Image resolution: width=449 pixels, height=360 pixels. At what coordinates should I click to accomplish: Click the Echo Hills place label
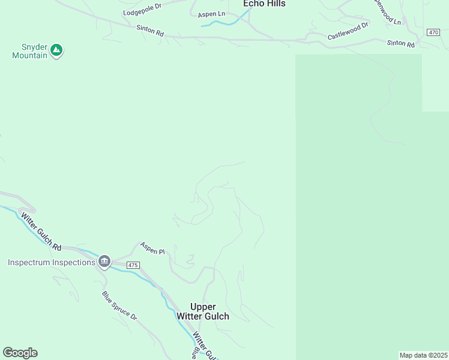pos(264,4)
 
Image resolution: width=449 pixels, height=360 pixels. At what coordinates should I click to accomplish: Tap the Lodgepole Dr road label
pos(142,9)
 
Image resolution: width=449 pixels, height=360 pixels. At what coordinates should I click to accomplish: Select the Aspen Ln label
pos(211,14)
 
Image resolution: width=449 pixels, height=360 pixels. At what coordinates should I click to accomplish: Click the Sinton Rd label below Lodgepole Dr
pos(150,31)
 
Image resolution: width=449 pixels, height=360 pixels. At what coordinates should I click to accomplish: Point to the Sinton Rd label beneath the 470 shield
pos(401,44)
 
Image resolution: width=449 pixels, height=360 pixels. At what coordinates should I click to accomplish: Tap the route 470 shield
pos(433,32)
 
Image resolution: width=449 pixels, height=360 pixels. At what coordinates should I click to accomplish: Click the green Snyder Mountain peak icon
pos(56,50)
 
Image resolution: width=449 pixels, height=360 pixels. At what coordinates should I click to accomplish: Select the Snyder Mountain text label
pos(30,50)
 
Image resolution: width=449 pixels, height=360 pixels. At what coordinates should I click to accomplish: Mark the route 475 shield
pos(133,265)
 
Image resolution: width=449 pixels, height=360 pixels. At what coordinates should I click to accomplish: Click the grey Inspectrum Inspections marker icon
pos(104,262)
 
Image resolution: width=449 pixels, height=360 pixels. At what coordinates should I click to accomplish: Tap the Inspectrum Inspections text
pos(52,263)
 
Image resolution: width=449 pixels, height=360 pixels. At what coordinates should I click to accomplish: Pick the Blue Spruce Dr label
pos(119,305)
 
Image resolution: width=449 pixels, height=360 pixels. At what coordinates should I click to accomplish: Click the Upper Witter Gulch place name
pos(202,311)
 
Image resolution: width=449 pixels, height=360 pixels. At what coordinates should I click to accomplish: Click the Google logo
pos(20,353)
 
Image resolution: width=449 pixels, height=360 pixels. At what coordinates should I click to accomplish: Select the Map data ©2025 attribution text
pos(423,355)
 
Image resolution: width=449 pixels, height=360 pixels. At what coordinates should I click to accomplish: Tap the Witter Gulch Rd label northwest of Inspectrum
pos(41,231)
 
